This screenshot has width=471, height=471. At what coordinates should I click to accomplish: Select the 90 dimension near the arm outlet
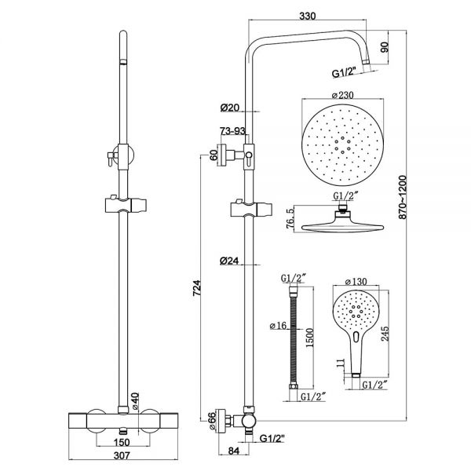point(385,46)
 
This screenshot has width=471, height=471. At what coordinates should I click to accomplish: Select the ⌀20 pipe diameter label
point(230,107)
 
